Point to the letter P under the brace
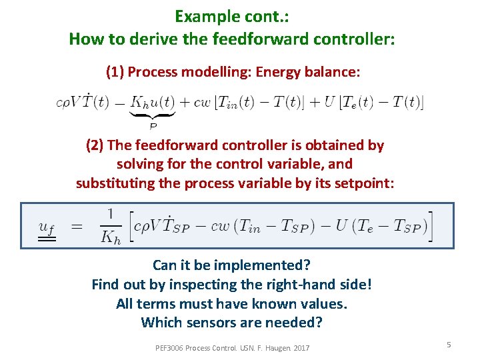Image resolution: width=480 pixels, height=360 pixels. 153,125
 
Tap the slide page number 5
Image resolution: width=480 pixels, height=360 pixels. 449,344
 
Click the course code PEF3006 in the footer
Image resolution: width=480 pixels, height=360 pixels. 169,347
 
